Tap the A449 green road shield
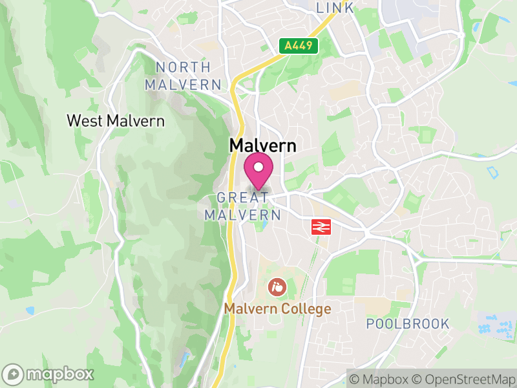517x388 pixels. [x=299, y=46]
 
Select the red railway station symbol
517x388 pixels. [x=321, y=227]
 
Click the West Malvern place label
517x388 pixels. [x=116, y=120]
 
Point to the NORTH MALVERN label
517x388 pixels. [x=184, y=76]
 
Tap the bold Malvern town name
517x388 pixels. [x=262, y=146]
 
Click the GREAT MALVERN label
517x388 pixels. [x=244, y=206]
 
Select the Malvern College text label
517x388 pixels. [x=277, y=309]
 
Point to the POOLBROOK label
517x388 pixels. [x=407, y=324]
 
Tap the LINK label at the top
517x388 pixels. [x=335, y=8]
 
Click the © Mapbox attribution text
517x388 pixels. [x=379, y=379]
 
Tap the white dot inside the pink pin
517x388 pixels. [x=258, y=168]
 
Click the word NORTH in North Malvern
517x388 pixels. [x=183, y=67]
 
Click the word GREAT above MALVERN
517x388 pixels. [x=243, y=197]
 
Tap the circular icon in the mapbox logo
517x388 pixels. [x=13, y=374]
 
